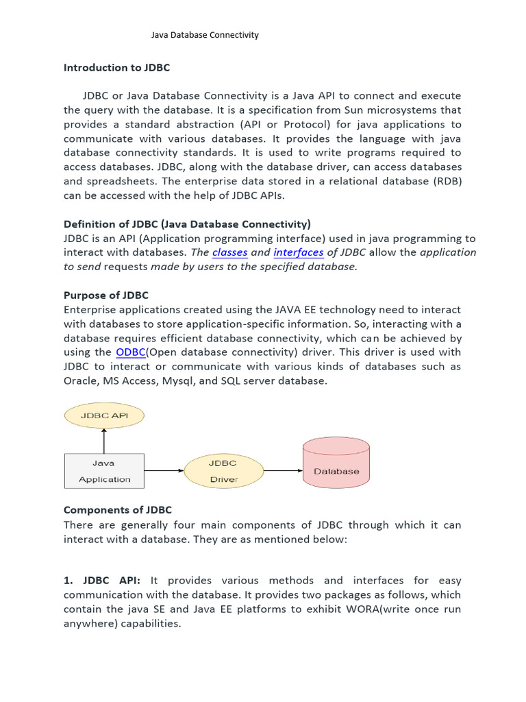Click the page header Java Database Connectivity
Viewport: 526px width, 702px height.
[205, 35]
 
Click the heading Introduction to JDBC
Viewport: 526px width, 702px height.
[116, 67]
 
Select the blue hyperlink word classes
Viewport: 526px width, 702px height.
[229, 252]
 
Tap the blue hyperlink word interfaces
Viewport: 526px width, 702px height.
[299, 252]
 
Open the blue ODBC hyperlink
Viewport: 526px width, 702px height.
[130, 352]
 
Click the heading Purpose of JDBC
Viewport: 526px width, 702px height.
[105, 295]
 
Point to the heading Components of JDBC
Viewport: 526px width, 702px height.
[118, 510]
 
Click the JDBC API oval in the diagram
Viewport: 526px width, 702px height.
[104, 415]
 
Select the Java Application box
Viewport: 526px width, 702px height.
[104, 471]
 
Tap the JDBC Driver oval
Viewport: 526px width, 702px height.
[224, 471]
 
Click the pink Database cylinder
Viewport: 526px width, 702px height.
[336, 466]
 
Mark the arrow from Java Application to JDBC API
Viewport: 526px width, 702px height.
[104, 440]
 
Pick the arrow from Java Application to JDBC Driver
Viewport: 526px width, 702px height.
[164, 471]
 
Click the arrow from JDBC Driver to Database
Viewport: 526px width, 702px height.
[284, 471]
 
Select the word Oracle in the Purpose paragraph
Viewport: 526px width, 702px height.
[81, 380]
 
